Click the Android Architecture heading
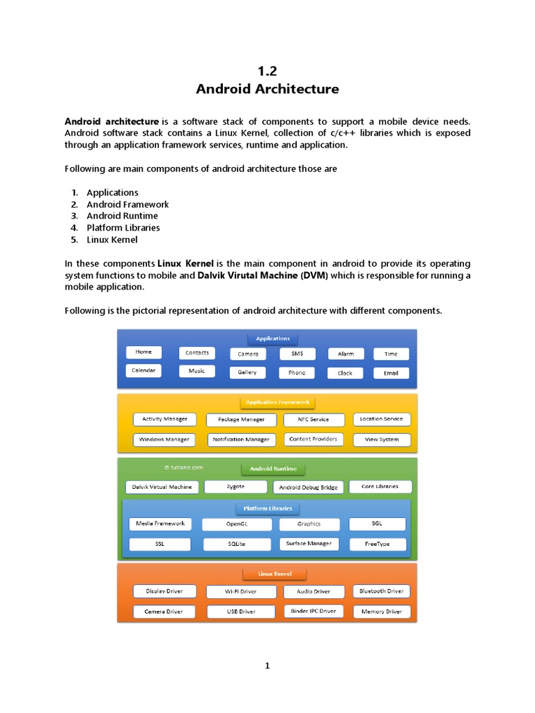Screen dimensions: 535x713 pos(267,89)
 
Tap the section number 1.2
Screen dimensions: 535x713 pos(267,70)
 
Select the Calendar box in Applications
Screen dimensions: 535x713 pos(144,370)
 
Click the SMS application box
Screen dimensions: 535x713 pos(297,354)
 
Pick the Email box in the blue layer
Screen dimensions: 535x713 pos(391,373)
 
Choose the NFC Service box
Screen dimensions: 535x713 pos(314,420)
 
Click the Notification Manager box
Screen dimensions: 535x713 pos(241,440)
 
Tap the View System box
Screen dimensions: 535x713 pos(382,439)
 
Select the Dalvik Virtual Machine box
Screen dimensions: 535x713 pos(162,487)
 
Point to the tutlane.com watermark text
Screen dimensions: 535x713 pos(183,468)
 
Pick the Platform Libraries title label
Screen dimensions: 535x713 pos(267,508)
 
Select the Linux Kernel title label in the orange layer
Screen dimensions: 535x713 pos(274,574)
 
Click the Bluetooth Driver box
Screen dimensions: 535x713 pos(381,591)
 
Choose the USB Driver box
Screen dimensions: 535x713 pos(241,611)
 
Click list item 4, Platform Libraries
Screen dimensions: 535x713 pos(123,228)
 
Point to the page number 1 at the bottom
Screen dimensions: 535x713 pos(267,666)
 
